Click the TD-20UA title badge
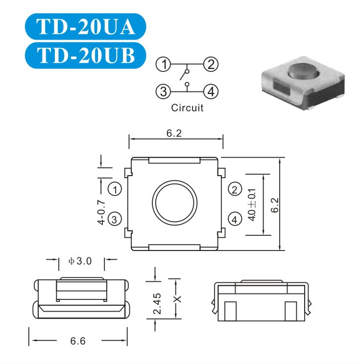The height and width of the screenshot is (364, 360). click(x=86, y=26)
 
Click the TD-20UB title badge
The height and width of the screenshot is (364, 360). click(x=86, y=55)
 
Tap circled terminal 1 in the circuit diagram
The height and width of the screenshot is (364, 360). click(x=163, y=64)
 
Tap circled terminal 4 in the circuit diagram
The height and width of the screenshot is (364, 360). click(x=211, y=91)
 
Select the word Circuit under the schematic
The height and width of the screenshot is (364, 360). click(x=187, y=108)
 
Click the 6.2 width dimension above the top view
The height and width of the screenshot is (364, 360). click(x=174, y=133)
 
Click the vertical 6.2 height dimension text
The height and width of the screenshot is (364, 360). click(x=275, y=205)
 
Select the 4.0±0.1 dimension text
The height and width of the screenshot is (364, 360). click(x=252, y=205)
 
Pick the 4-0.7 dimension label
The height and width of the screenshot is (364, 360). click(x=101, y=212)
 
